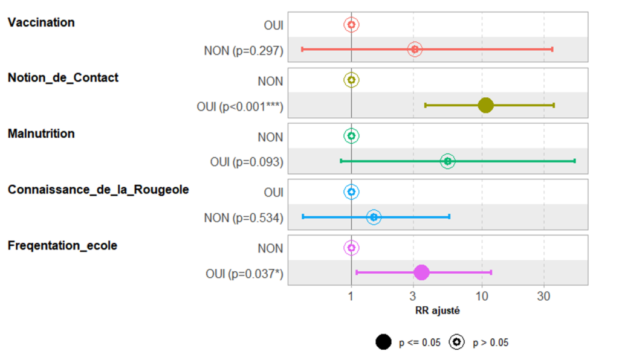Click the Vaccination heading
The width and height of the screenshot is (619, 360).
coord(41,22)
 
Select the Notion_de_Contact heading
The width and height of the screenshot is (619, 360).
coord(63,78)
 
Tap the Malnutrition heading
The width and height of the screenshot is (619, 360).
coord(41,133)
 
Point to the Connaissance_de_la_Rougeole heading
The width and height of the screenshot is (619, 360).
coord(98,190)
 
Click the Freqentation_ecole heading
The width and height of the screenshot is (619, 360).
coord(62,245)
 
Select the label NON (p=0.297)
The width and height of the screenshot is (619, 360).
coord(244,50)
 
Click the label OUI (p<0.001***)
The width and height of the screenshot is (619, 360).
coord(240,106)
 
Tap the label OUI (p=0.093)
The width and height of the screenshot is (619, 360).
coord(247,162)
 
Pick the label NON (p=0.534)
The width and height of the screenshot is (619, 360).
coord(244,217)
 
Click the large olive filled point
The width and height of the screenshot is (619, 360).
coord(485,105)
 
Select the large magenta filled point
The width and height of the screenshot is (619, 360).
coord(421,272)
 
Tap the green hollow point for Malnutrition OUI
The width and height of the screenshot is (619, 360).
coord(447,161)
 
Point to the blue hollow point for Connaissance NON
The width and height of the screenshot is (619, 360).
coord(374,217)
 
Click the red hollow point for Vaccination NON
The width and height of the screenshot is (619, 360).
coord(415,50)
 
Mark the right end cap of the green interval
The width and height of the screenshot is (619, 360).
coord(574,161)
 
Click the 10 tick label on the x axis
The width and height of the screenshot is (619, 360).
coord(482,297)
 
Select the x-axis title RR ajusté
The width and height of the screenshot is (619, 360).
coord(437,311)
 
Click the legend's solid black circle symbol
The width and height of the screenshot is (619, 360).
coord(383,342)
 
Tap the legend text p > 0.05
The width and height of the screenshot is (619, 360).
coord(490,343)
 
